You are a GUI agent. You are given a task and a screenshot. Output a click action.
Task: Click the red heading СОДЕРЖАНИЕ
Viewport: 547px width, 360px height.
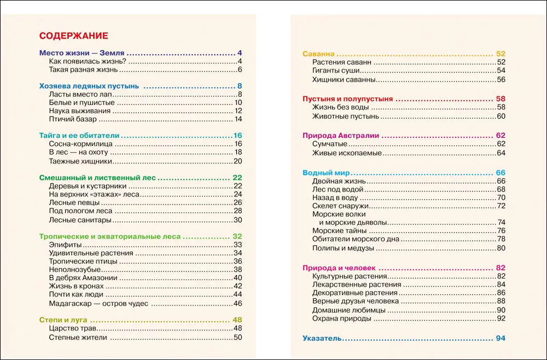[x=74, y=36]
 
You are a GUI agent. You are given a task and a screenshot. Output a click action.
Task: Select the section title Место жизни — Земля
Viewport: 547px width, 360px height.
[x=83, y=53]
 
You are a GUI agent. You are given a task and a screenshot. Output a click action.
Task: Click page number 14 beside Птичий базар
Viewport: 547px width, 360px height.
[x=238, y=119]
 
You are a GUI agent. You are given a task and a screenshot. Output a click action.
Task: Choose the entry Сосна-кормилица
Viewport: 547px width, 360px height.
[x=80, y=144]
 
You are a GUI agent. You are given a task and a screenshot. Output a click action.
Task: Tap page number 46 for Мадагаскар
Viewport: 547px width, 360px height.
[x=238, y=304]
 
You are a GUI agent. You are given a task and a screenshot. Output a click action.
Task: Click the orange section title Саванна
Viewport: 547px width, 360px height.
[x=318, y=54]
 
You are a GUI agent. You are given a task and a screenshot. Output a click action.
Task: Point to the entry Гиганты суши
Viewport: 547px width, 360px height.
[x=335, y=71]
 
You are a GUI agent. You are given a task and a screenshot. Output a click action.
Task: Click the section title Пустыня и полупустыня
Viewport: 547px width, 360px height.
[x=348, y=99]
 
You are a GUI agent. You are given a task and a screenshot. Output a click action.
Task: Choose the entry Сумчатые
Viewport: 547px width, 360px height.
[x=330, y=144]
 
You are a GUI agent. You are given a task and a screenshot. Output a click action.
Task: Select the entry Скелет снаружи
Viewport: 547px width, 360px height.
[x=340, y=206]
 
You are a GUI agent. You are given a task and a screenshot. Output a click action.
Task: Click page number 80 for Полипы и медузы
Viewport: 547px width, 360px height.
[x=501, y=248]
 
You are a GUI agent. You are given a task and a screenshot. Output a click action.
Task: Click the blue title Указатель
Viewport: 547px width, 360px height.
[x=322, y=339]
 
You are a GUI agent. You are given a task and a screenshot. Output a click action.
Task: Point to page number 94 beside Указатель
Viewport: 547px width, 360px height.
[x=501, y=339]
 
